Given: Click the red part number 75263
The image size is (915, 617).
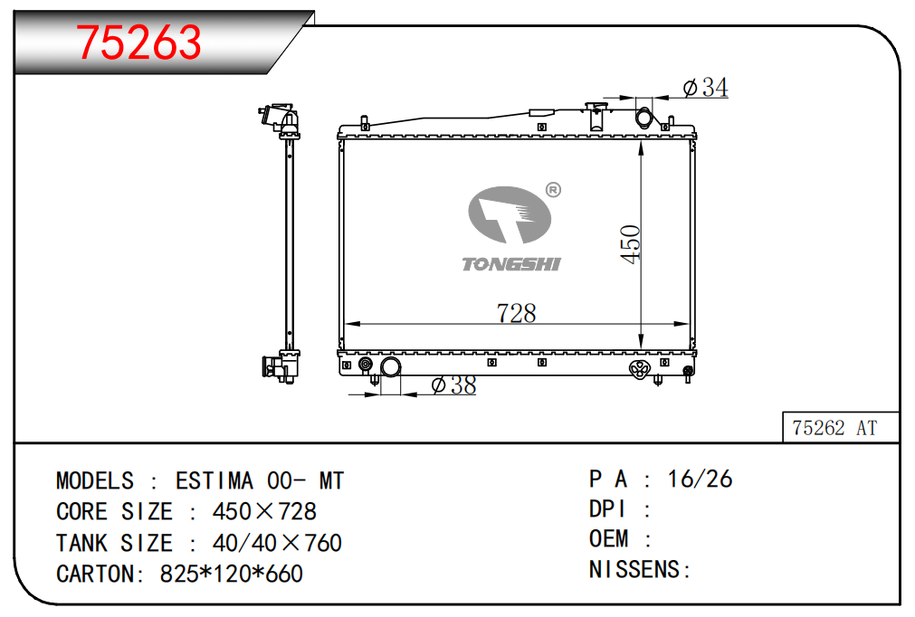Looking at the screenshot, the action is [138, 42].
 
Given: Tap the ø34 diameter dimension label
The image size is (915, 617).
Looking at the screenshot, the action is [706, 88].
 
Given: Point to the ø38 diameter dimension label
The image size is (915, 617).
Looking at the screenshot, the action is [454, 384].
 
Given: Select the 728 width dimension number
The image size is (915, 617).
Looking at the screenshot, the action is [516, 313].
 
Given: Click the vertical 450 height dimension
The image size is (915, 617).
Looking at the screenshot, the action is [631, 244].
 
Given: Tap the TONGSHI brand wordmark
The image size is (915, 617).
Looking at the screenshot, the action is [511, 264].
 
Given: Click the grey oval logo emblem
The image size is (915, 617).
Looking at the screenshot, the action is [510, 214].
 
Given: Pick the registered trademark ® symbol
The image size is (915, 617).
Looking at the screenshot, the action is [553, 189].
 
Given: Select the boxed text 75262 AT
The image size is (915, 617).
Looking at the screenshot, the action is [834, 428].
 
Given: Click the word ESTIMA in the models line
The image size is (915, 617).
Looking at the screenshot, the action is [214, 481].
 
